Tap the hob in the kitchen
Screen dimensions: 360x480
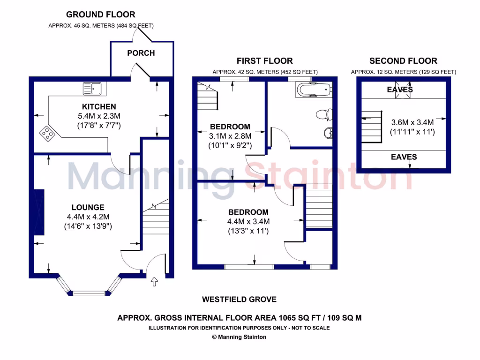[x=48, y=134]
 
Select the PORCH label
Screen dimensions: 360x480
[x=141, y=53]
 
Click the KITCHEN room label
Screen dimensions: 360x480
[x=99, y=107]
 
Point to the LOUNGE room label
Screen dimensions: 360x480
[x=88, y=207]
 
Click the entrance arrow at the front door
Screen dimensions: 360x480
[x=155, y=281]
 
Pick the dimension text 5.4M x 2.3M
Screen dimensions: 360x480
[x=99, y=116]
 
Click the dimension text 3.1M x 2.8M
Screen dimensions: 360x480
[x=230, y=136]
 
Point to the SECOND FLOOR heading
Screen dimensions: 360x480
[x=403, y=61]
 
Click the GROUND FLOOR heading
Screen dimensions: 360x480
[x=101, y=15]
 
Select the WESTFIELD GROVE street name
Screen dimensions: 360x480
[x=239, y=299]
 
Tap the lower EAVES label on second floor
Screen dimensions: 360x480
[x=404, y=157]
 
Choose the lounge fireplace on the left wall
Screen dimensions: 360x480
[x=39, y=212]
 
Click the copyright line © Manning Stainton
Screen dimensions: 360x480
[x=239, y=337]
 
